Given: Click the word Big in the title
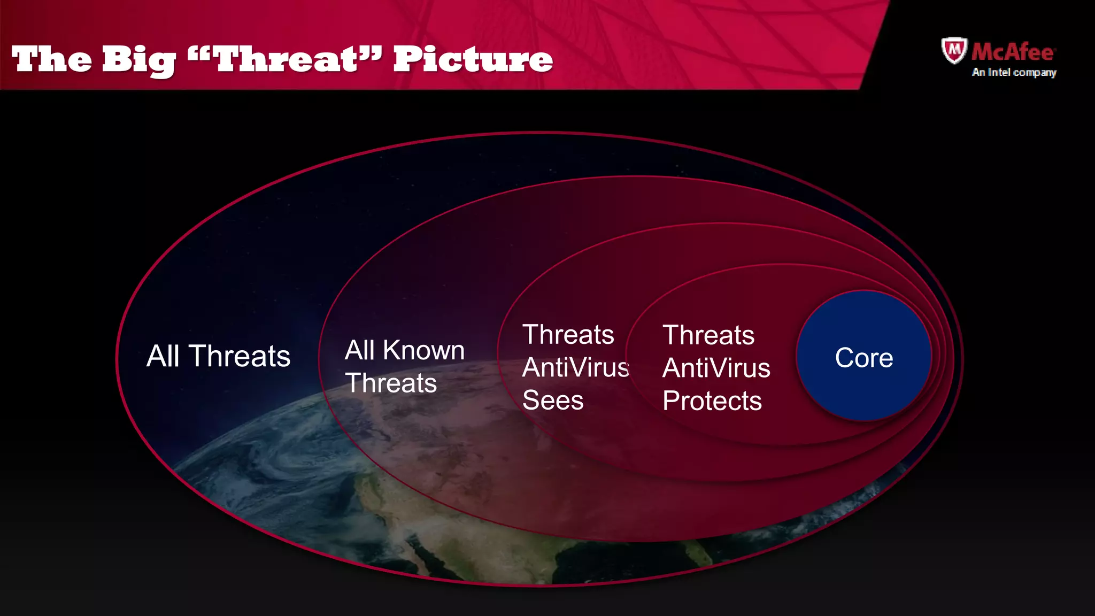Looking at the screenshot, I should (138, 60).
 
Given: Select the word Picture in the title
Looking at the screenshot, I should (473, 59).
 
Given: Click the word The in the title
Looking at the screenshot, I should (52, 59).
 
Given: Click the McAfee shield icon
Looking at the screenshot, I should (954, 51).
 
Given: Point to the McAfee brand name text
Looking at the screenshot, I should (1013, 52).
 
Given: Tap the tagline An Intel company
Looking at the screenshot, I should (1014, 72).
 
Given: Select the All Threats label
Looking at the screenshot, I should (218, 356).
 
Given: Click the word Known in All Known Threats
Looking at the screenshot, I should (423, 351).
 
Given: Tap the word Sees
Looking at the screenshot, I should (552, 401).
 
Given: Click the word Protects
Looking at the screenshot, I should (712, 401).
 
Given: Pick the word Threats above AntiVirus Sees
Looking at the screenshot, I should (568, 335).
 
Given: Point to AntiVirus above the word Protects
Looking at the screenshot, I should (716, 368).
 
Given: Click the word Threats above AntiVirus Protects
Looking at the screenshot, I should (708, 336).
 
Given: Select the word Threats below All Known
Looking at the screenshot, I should (391, 383).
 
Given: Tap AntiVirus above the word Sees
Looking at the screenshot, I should (575, 368).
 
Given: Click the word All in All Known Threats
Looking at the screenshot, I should (360, 351).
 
